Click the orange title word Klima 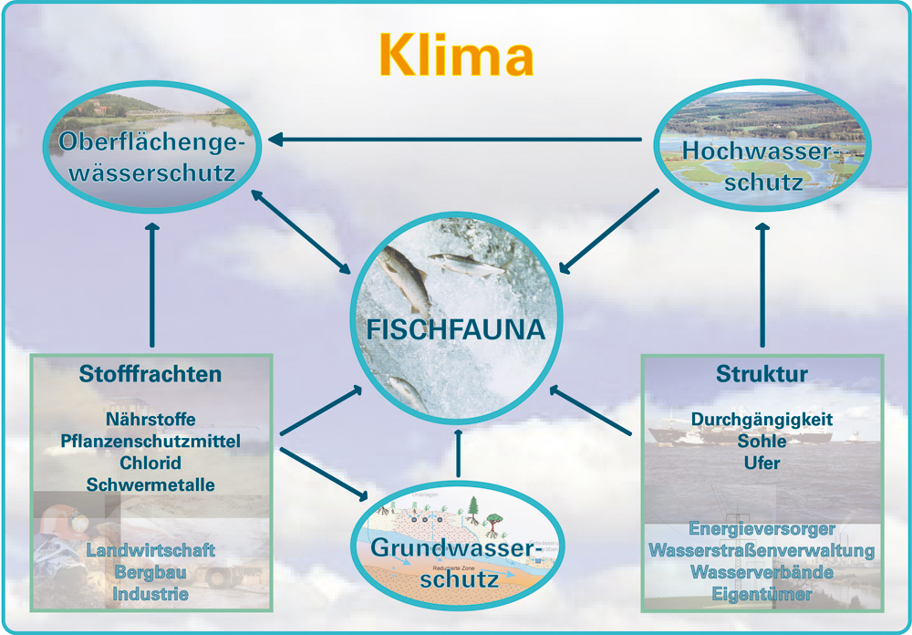click(x=457, y=56)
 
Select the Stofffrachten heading click(x=150, y=374)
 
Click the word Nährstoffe click(x=150, y=419)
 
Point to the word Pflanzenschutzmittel click(x=150, y=441)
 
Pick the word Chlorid click(x=150, y=463)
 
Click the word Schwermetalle click(x=150, y=484)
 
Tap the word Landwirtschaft click(x=150, y=549)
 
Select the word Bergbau click(x=150, y=571)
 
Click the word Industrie click(x=150, y=594)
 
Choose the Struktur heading click(x=762, y=374)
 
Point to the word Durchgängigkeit click(x=762, y=419)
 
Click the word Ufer click(x=762, y=463)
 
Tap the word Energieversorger click(x=762, y=529)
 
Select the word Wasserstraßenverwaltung click(x=762, y=550)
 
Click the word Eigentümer click(x=762, y=594)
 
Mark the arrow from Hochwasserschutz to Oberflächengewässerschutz click(x=455, y=140)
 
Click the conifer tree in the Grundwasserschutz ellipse click(x=472, y=510)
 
